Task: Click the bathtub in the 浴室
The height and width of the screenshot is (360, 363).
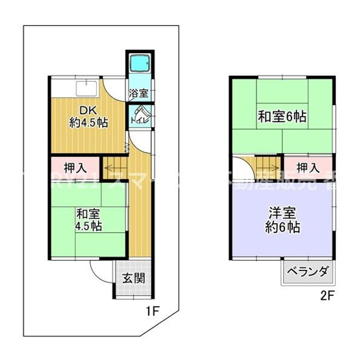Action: [x=140, y=64]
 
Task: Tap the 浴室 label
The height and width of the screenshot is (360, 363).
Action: [x=139, y=93]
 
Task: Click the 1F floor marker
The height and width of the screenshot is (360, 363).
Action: [x=151, y=311]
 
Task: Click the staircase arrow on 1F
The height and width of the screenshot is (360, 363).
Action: [x=117, y=166]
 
